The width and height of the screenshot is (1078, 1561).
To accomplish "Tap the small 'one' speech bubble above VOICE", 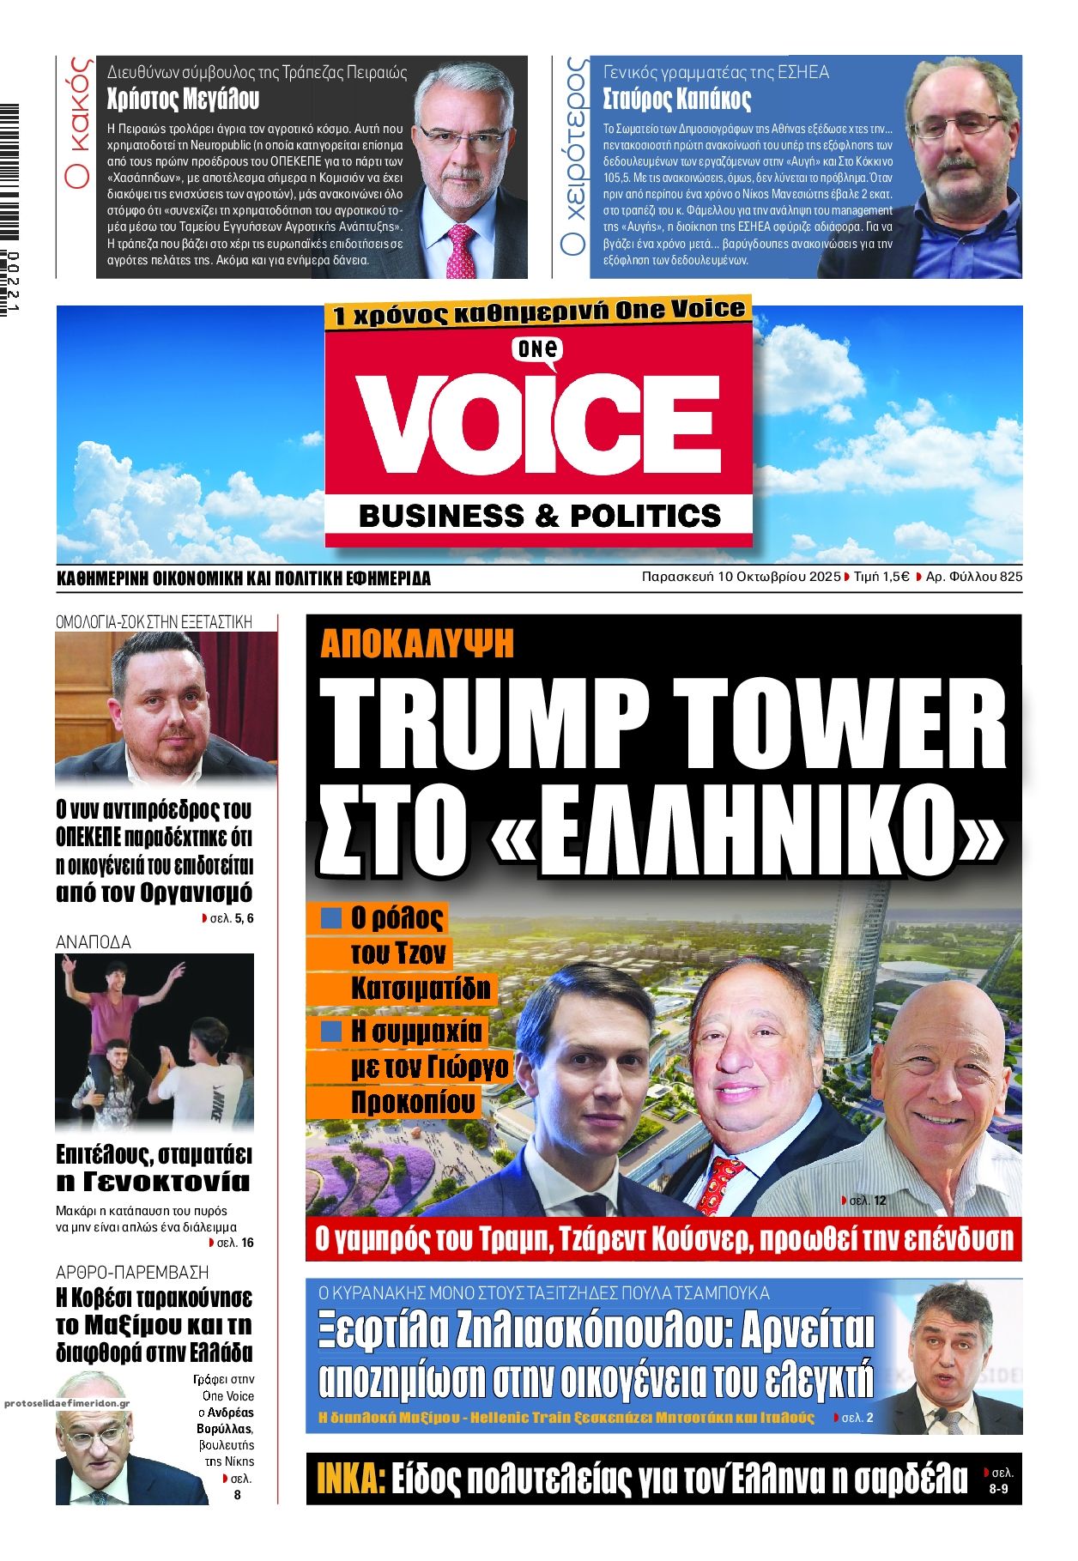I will click(x=538, y=349).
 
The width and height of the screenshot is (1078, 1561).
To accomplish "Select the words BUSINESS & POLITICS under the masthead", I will click(x=539, y=516).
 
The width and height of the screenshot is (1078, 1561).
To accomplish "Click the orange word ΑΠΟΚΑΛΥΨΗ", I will click(x=417, y=643).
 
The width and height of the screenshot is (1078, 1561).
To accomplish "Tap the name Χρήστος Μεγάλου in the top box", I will click(x=183, y=100).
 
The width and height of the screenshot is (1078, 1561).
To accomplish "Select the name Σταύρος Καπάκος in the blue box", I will click(x=677, y=99).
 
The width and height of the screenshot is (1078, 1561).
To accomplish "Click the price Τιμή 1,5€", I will click(x=881, y=577).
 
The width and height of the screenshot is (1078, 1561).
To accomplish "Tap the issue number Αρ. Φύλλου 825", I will click(x=974, y=577).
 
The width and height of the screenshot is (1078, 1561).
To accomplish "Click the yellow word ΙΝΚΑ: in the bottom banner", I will click(x=350, y=1479).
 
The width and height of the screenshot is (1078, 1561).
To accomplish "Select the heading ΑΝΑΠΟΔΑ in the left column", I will click(x=94, y=942).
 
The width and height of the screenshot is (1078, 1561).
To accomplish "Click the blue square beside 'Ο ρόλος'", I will click(x=330, y=918).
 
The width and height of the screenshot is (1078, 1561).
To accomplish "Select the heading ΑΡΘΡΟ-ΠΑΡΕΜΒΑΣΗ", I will click(x=132, y=1272).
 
